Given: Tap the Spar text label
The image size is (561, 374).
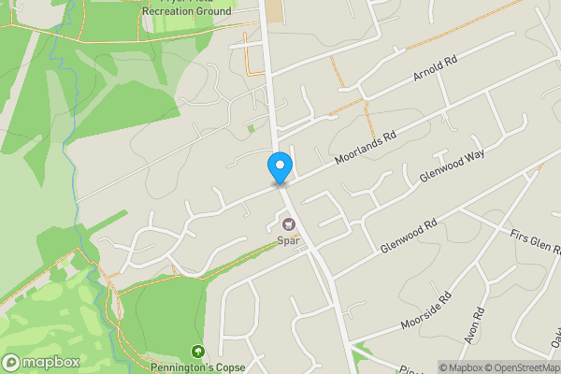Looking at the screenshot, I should click(286, 239).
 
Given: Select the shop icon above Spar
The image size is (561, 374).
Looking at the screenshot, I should click(288, 224).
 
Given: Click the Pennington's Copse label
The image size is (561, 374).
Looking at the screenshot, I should click(197, 367).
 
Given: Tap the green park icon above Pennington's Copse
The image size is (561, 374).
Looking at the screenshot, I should click(197, 352).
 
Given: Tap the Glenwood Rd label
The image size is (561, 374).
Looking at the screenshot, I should click(410, 237).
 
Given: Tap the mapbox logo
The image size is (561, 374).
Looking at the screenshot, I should click(38, 362).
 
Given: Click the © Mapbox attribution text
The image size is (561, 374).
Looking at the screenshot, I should click(464, 367).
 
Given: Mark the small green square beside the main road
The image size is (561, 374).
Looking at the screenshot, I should click(251, 128).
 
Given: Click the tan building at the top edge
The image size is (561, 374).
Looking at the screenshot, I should click(273, 11).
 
